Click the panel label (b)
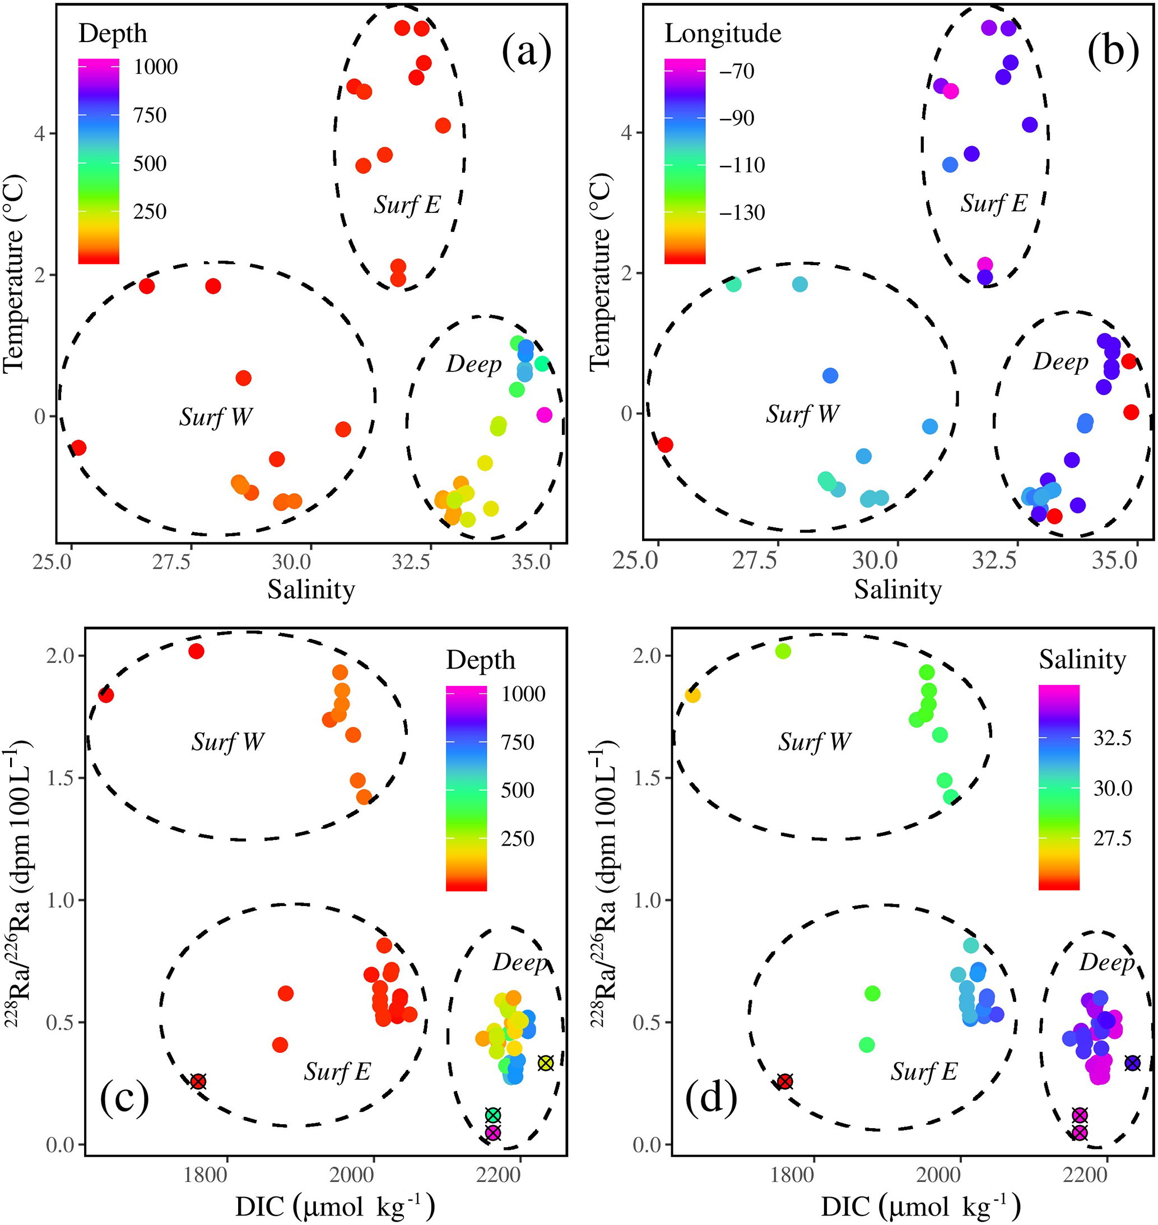1113,50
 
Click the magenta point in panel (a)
544,415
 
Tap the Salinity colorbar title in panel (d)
1082,660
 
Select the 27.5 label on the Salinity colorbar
1112,838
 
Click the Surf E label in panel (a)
407,205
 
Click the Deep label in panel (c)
519,962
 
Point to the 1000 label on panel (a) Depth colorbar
156,67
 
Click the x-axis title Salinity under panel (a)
311,590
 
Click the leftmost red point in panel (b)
665,444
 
